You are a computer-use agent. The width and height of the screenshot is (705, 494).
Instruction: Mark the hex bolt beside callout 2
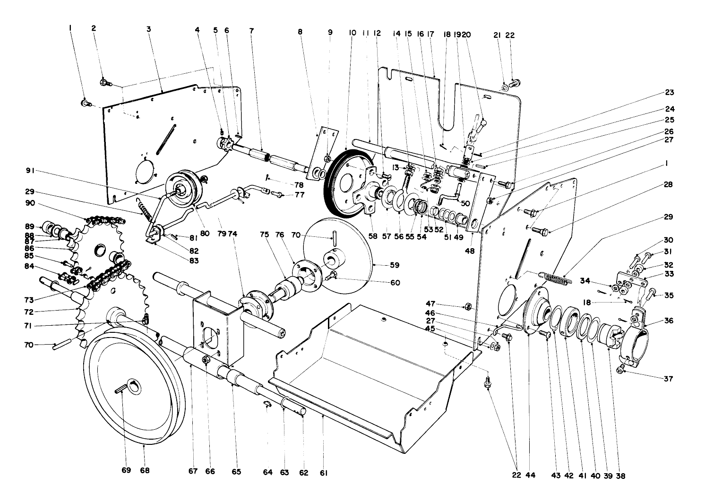pyautogui.click(x=105, y=83)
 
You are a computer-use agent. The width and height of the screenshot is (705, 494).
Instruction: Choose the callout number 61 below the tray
pyautogui.click(x=324, y=472)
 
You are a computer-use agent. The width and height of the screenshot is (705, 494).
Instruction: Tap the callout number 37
pyautogui.click(x=668, y=379)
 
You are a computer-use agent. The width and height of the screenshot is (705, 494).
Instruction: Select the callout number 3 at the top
pyautogui.click(x=148, y=29)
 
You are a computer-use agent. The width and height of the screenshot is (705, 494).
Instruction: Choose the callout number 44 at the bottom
pyautogui.click(x=531, y=475)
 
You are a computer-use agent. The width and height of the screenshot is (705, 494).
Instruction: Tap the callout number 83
pyautogui.click(x=192, y=260)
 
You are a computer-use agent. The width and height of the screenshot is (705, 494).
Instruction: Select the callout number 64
pyautogui.click(x=268, y=472)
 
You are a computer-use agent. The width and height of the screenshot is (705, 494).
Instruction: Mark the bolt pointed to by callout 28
pyautogui.click(x=539, y=231)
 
